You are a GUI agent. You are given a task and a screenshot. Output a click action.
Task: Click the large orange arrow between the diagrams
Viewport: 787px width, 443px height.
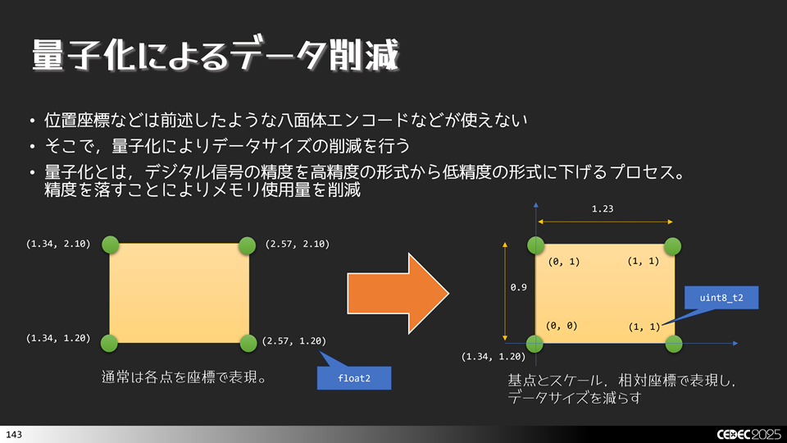pyautogui.click(x=398, y=293)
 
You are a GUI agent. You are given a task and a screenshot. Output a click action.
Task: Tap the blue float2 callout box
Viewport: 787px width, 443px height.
pyautogui.click(x=353, y=377)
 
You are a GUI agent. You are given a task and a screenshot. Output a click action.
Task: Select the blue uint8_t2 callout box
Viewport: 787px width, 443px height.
pyautogui.click(x=721, y=297)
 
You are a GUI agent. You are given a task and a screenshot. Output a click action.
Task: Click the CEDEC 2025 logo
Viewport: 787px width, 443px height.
pyautogui.click(x=743, y=432)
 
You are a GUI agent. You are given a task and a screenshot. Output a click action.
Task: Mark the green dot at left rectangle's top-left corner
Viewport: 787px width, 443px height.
pyautogui.click(x=110, y=244)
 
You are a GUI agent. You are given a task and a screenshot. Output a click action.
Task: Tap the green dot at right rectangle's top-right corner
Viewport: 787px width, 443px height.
pyautogui.click(x=672, y=244)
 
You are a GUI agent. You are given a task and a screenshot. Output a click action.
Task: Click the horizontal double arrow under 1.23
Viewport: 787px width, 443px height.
pyautogui.click(x=605, y=221)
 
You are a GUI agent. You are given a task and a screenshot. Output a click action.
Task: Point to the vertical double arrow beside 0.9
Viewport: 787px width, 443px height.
pyautogui.click(x=505, y=290)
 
